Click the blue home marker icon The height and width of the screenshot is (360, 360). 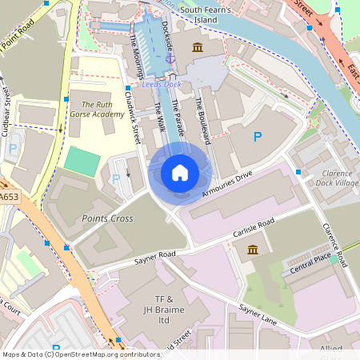point(180,172)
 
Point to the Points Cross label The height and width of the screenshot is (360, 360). point(106,217)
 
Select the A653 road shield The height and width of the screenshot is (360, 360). point(10,196)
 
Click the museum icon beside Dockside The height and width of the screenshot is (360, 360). point(198,48)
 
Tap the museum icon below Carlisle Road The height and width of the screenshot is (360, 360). point(253,250)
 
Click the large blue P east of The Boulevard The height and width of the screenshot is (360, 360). point(257,138)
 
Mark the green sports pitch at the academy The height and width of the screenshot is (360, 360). point(78,161)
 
